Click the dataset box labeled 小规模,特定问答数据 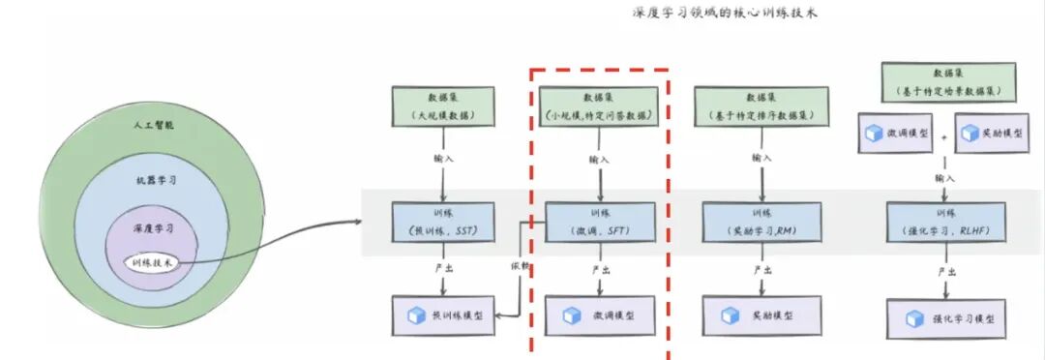click(x=601, y=105)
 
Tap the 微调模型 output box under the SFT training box click(x=601, y=315)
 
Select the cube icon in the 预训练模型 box click(x=417, y=315)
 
